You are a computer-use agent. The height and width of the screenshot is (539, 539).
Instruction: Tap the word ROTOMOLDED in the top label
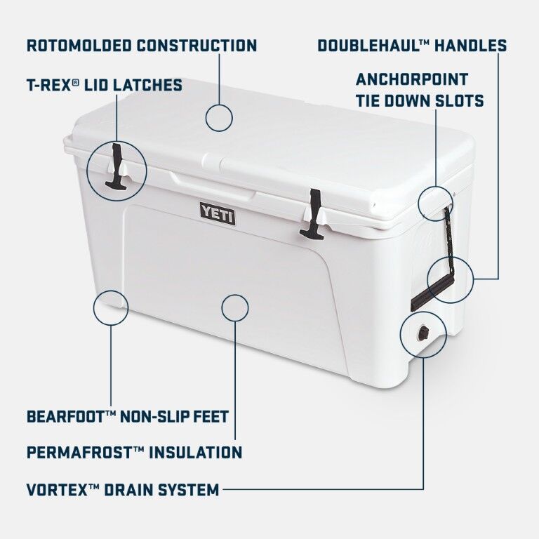(x=79, y=46)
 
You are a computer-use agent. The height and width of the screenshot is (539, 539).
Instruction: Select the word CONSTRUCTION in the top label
(x=197, y=46)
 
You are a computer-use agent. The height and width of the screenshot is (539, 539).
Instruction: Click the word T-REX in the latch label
(x=50, y=86)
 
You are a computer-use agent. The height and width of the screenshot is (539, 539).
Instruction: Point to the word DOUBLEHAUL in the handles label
(x=373, y=46)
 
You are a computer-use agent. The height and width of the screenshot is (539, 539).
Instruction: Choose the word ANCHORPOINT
(x=411, y=79)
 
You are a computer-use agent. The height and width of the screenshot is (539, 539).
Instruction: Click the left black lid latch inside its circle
(x=116, y=166)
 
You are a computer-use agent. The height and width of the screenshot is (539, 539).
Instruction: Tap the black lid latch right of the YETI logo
(x=312, y=214)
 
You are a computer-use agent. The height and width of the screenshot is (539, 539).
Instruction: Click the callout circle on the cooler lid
(x=219, y=117)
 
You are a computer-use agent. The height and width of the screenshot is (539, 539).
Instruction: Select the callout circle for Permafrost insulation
(x=235, y=307)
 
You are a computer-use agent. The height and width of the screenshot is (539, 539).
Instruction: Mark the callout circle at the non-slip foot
(x=111, y=307)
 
